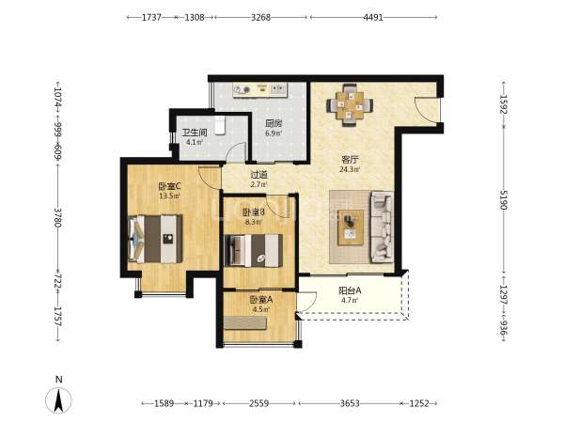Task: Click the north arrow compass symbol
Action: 58,400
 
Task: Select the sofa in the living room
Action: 382,227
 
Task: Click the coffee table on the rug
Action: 351,228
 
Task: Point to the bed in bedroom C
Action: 155,239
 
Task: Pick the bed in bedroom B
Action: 253,250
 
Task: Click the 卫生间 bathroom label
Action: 195,133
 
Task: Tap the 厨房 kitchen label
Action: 274,124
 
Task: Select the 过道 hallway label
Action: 259,175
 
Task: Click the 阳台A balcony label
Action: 350,290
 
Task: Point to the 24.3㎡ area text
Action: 350,169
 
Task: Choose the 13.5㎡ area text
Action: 169,196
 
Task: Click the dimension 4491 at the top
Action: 373,17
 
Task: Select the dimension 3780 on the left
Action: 57,217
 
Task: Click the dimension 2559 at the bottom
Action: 259,403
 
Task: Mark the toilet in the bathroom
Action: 220,124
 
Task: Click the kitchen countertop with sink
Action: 259,90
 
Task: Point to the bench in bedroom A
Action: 245,323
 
